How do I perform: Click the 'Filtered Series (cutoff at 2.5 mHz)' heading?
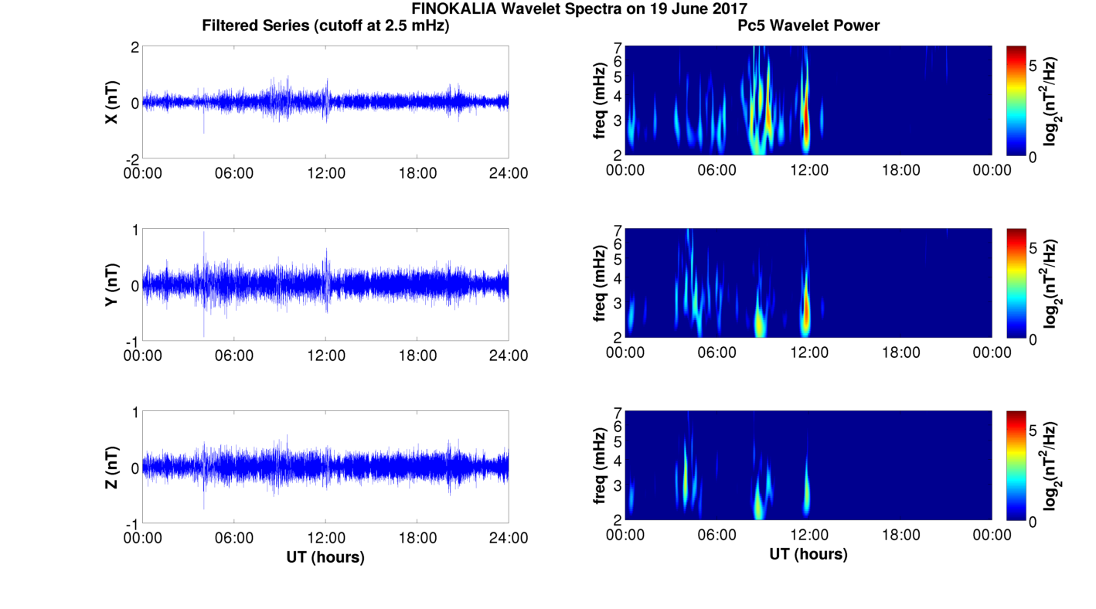pyautogui.click(x=325, y=26)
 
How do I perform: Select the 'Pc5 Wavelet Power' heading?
pyautogui.click(x=808, y=26)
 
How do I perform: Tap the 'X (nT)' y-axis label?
pyautogui.click(x=112, y=102)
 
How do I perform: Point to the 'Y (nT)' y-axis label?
pyautogui.click(x=112, y=284)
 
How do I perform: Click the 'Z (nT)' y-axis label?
pyautogui.click(x=112, y=468)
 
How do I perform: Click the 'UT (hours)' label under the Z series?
pyautogui.click(x=325, y=556)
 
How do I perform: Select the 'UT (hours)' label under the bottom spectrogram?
pyautogui.click(x=808, y=554)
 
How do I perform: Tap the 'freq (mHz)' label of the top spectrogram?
pyautogui.click(x=600, y=101)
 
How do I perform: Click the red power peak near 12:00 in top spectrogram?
pyautogui.click(x=805, y=124)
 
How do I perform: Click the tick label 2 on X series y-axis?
pyautogui.click(x=134, y=48)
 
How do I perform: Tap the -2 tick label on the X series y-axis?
pyautogui.click(x=131, y=158)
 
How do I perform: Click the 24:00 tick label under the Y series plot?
pyautogui.click(x=509, y=356)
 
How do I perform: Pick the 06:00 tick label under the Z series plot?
pyautogui.click(x=234, y=538)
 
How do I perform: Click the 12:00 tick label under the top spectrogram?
pyautogui.click(x=808, y=170)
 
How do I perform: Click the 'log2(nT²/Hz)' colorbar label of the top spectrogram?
pyautogui.click(x=1053, y=101)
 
